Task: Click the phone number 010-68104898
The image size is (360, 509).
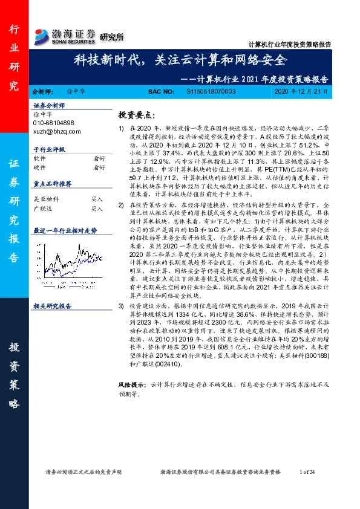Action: point(54,123)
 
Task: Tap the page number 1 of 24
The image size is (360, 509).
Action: point(307,471)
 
